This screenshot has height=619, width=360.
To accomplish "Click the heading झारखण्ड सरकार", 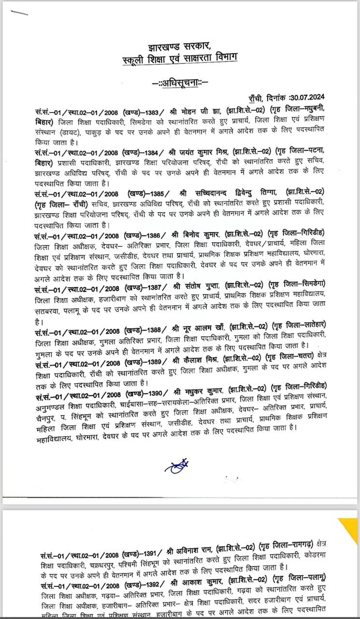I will pyautogui.click(x=180, y=46).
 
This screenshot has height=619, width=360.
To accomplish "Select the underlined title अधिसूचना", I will pyautogui.click(x=180, y=83).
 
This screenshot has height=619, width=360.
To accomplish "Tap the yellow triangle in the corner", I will pyautogui.click(x=350, y=527).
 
